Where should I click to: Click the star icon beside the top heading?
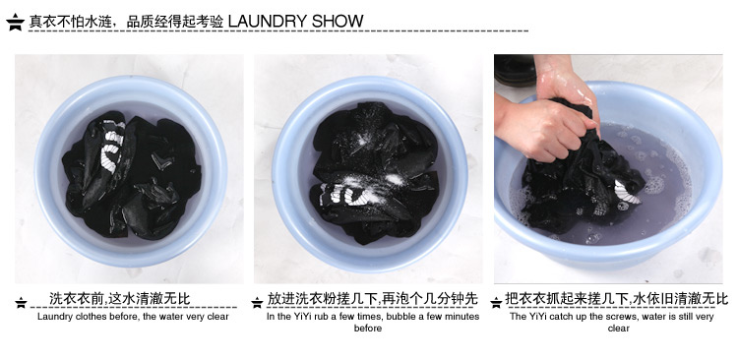click(x=16, y=22)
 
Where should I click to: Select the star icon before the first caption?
click(x=21, y=303)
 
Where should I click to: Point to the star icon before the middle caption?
click(x=257, y=303)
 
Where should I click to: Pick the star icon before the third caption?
click(x=496, y=303)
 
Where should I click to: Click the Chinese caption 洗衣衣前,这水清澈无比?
click(x=119, y=298)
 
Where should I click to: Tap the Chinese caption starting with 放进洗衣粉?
click(x=372, y=298)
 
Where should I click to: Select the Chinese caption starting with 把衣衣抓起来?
click(x=616, y=298)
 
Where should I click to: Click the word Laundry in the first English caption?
click(x=53, y=317)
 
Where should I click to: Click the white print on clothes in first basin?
click(x=112, y=146)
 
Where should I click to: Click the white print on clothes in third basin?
click(x=627, y=193)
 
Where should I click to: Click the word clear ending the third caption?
click(x=619, y=329)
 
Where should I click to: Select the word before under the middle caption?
click(x=368, y=329)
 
